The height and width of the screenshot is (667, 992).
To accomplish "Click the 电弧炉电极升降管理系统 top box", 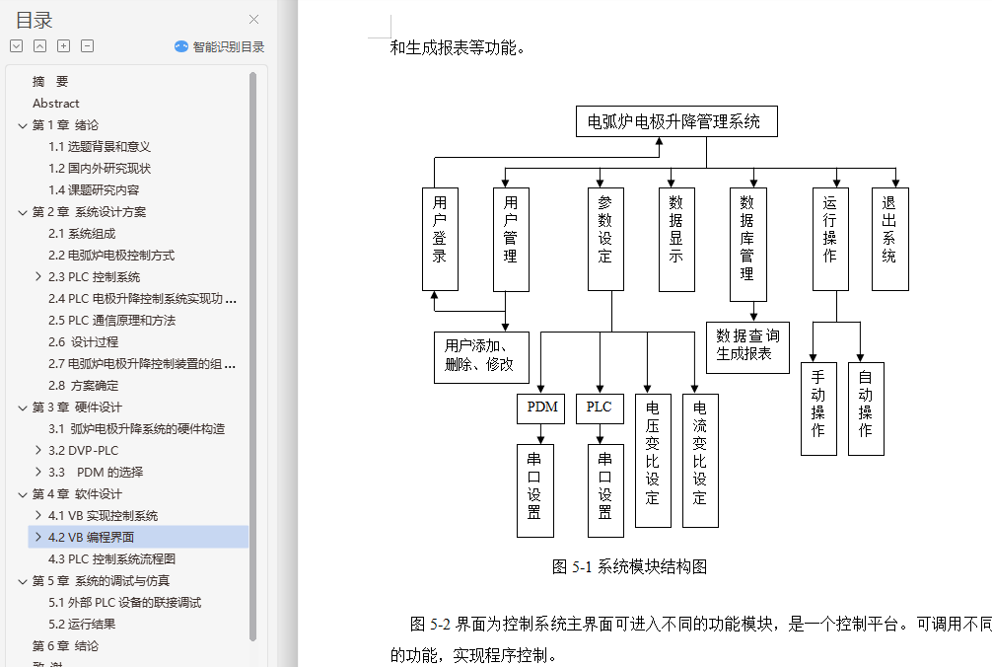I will pos(675,121).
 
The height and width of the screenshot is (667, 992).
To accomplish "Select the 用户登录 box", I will pos(440,239).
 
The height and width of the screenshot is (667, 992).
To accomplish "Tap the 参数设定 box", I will pos(605,239).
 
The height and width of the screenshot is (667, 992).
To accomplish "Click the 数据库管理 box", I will pos(747,244).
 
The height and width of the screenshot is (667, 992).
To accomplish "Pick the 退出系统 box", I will pos(889,239).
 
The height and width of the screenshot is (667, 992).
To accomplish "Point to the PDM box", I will pos(541,408).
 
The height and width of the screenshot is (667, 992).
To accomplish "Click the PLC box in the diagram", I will pos(600,408).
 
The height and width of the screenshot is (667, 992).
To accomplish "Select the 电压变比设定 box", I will pos(653,450).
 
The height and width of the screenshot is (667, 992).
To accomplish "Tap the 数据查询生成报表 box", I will pos(747,346).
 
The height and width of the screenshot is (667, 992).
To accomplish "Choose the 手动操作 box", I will pos(818,408).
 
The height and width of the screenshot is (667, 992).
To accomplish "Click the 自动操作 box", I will pos(866,408).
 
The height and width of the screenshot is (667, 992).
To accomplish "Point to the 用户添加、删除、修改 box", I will pos(481,356).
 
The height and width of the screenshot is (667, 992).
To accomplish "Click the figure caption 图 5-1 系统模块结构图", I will pos(630,567).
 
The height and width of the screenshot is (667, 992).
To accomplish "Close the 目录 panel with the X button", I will pos(254,20).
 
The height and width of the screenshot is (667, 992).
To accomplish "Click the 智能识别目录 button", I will pos(220,46).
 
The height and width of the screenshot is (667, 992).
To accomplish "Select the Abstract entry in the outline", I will pos(56,104).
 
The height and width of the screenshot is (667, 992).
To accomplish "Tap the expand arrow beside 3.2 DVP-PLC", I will pos(38,451).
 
